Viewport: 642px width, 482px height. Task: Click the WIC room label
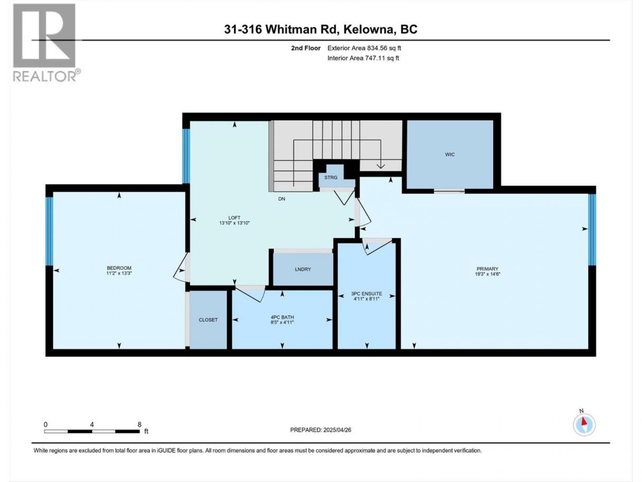tap(449, 154)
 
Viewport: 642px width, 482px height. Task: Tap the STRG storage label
tap(331, 178)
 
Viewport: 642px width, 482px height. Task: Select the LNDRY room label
tap(303, 269)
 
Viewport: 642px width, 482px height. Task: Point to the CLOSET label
tap(208, 320)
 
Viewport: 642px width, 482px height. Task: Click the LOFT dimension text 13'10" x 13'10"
tap(234, 223)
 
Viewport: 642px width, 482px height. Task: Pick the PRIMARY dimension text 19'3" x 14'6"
tap(487, 274)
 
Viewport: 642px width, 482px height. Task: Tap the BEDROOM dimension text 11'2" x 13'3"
tap(119, 273)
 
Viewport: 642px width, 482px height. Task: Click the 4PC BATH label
tap(282, 317)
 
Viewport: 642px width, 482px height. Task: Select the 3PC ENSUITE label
tap(366, 294)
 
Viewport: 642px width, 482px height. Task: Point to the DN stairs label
tap(281, 199)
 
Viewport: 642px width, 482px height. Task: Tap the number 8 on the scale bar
tap(139, 424)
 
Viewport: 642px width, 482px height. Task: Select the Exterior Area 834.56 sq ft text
tap(364, 48)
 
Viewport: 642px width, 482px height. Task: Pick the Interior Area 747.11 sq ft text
tap(363, 58)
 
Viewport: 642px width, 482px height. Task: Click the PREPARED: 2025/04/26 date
tap(320, 430)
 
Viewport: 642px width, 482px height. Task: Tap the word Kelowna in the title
tap(369, 29)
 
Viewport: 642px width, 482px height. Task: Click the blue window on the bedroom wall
tap(50, 231)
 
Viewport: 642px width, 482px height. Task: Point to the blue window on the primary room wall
tap(592, 230)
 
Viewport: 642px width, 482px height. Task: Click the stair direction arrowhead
tap(381, 166)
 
